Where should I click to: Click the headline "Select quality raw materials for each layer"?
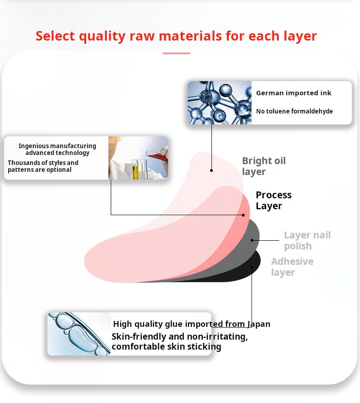[176, 36]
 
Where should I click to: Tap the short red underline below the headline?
[176, 53]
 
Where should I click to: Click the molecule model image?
[219, 103]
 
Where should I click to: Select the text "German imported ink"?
[293, 93]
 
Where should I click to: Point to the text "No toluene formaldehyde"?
[294, 111]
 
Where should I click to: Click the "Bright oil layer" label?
[263, 166]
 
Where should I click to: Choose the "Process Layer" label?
[273, 200]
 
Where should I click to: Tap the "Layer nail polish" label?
[307, 240]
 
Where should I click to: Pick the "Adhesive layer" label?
[292, 267]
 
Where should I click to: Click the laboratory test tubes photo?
[138, 158]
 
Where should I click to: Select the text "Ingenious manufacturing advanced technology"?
[57, 149]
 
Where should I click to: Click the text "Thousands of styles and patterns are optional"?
[43, 166]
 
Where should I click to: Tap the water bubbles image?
[79, 334]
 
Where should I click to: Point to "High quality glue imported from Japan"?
[191, 324]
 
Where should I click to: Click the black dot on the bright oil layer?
[211, 170]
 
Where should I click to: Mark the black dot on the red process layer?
[244, 215]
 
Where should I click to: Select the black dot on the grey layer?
[252, 240]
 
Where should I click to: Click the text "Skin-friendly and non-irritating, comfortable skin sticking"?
[180, 342]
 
